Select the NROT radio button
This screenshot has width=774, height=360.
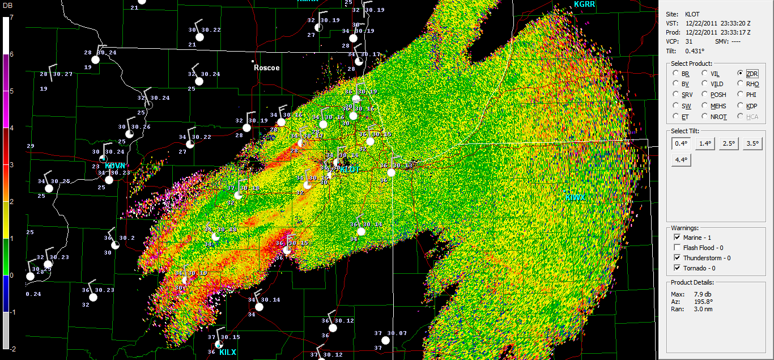(705, 117)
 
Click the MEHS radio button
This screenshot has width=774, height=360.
(705, 106)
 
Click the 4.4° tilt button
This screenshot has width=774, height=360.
(681, 160)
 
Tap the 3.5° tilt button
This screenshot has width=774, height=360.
(753, 144)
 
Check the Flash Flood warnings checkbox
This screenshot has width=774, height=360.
(677, 248)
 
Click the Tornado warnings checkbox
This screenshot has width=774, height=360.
(677, 268)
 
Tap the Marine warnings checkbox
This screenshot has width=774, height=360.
(677, 238)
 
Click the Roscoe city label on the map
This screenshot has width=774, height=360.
(266, 67)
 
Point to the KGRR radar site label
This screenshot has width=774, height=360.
(584, 5)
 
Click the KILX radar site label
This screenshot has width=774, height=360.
(227, 352)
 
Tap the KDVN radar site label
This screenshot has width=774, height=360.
(114, 166)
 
